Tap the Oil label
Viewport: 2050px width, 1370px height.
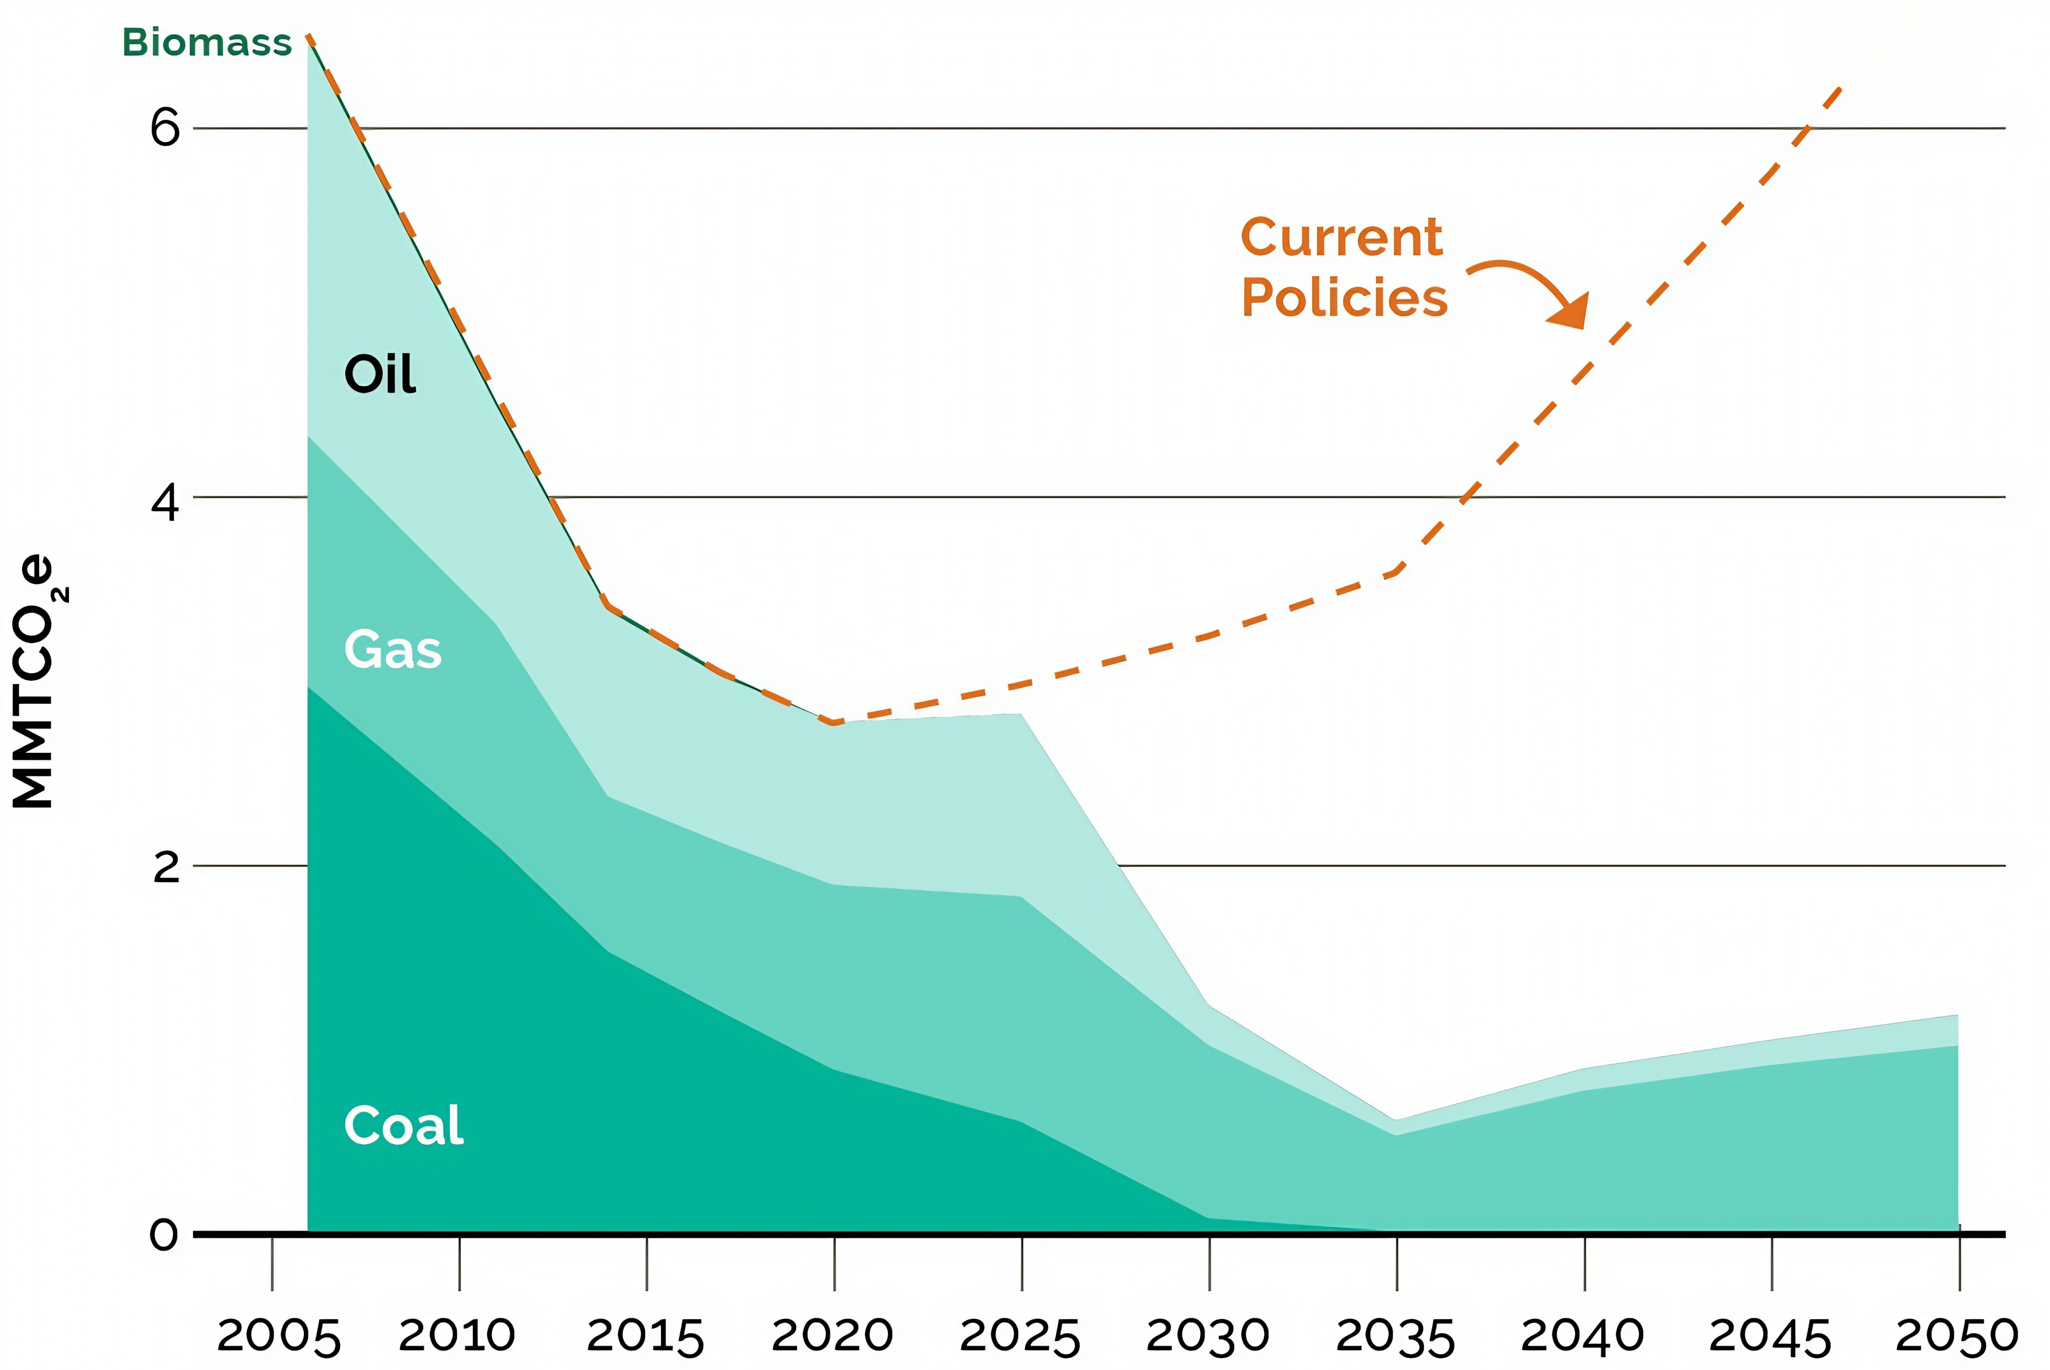click(x=380, y=375)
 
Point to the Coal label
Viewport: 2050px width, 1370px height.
click(x=404, y=1125)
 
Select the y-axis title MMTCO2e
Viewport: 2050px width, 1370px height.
click(x=37, y=682)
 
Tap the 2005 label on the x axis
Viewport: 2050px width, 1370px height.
click(x=278, y=1337)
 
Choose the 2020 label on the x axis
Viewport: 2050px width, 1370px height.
click(x=832, y=1335)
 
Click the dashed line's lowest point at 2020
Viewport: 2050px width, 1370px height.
click(x=835, y=722)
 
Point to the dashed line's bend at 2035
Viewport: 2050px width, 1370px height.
click(x=1397, y=572)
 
